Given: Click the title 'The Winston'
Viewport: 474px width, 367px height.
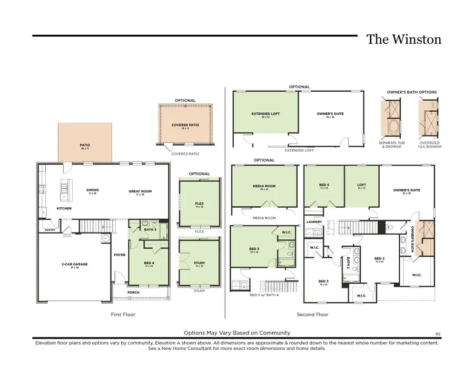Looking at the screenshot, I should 403,40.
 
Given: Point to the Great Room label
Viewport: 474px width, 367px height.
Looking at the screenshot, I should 140,191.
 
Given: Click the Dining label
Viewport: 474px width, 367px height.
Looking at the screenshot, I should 93,191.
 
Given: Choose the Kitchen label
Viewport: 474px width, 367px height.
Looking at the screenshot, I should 64,208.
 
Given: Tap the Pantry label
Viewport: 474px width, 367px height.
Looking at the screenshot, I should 50,230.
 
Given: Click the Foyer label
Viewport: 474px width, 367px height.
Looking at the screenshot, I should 120,255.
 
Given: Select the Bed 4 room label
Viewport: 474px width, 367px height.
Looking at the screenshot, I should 149,264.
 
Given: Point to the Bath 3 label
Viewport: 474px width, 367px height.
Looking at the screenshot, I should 150,229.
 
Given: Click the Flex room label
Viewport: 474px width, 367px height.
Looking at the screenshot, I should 199,204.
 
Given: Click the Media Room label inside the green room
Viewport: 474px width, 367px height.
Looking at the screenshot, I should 264,186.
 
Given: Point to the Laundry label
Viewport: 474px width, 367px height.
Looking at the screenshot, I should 314,222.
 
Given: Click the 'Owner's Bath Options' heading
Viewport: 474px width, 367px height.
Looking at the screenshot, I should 412,92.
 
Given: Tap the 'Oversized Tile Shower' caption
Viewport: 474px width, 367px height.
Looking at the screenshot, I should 430,144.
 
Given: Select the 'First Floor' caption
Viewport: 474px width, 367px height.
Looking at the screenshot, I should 123,315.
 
